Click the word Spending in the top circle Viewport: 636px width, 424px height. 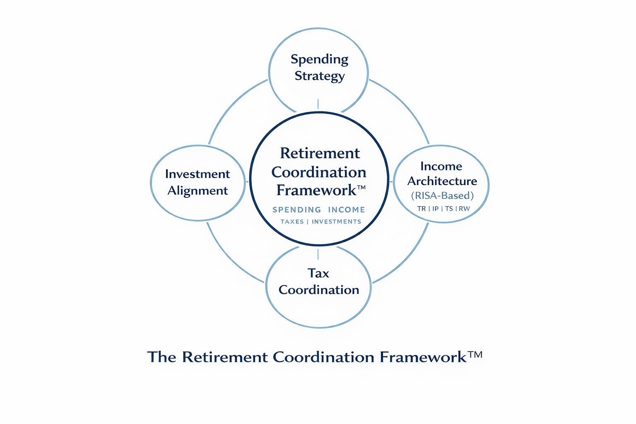pyautogui.click(x=319, y=60)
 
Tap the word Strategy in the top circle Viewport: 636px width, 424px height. pyautogui.click(x=319, y=76)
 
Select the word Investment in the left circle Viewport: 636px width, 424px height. pyautogui.click(x=197, y=174)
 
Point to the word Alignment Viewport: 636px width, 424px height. pyautogui.click(x=198, y=190)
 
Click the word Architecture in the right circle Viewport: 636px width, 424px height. pyautogui.click(x=442, y=181)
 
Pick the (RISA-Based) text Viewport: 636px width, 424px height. pyautogui.click(x=442, y=195)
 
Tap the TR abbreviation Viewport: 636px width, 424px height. pyautogui.click(x=422, y=209)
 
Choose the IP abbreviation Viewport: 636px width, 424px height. pyautogui.click(x=435, y=209)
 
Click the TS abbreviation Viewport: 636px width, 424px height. pyautogui.click(x=449, y=209)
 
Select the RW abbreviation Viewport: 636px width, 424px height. pyautogui.click(x=464, y=209)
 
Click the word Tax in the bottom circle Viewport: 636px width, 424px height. pyautogui.click(x=318, y=273)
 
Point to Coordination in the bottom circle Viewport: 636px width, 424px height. pyautogui.click(x=319, y=290)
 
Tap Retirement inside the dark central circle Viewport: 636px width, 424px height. pyautogui.click(x=320, y=153)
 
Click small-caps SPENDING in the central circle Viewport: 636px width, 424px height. pyautogui.click(x=296, y=210)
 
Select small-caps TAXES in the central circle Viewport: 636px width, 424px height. pyautogui.click(x=292, y=222)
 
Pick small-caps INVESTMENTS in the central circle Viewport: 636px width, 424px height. pyautogui.click(x=336, y=222)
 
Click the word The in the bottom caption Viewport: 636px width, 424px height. pyautogui.click(x=162, y=357)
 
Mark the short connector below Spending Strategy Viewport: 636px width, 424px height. pyautogui.click(x=318, y=104)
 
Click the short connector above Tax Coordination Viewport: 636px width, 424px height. pyautogui.click(x=318, y=254)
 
